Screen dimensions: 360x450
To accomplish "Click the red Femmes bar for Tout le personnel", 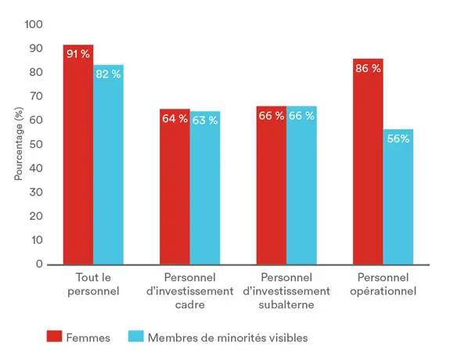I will point(78,157).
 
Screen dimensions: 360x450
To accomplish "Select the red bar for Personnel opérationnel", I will point(368,164).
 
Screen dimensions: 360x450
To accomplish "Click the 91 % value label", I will point(78,55).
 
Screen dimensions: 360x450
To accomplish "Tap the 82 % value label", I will point(108,74).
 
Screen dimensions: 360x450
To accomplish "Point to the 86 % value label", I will point(368,68).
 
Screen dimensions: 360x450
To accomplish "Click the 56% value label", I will point(398,139).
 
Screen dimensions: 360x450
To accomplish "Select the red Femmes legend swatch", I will point(54,337).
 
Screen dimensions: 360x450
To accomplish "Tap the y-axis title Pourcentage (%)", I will point(20,144).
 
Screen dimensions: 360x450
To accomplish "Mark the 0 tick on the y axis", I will point(39,265).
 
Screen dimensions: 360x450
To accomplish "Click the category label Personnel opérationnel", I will point(386,285).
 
